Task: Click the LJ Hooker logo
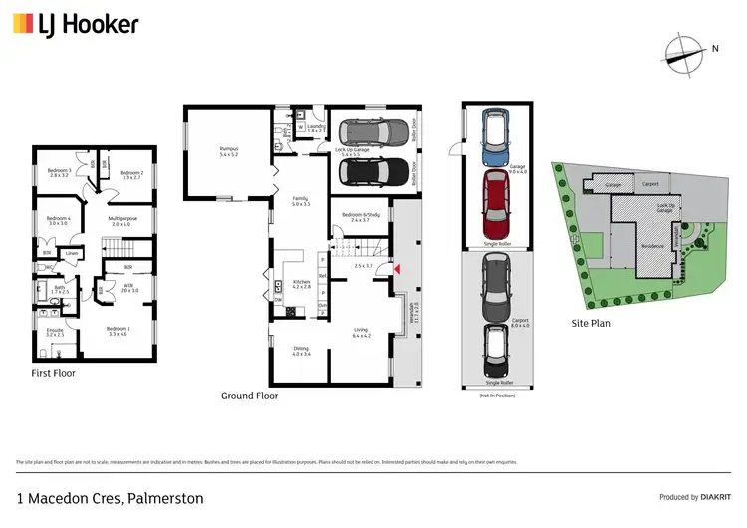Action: [76, 25]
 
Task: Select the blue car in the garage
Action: [495, 136]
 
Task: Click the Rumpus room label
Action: [229, 152]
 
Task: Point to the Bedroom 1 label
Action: [118, 331]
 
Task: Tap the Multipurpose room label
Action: [121, 221]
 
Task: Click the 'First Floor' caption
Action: [53, 374]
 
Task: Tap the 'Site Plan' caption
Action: [590, 323]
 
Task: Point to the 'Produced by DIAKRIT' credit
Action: [694, 497]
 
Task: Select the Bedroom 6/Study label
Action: [362, 217]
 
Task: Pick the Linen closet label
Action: [72, 254]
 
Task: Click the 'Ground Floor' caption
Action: [249, 396]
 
